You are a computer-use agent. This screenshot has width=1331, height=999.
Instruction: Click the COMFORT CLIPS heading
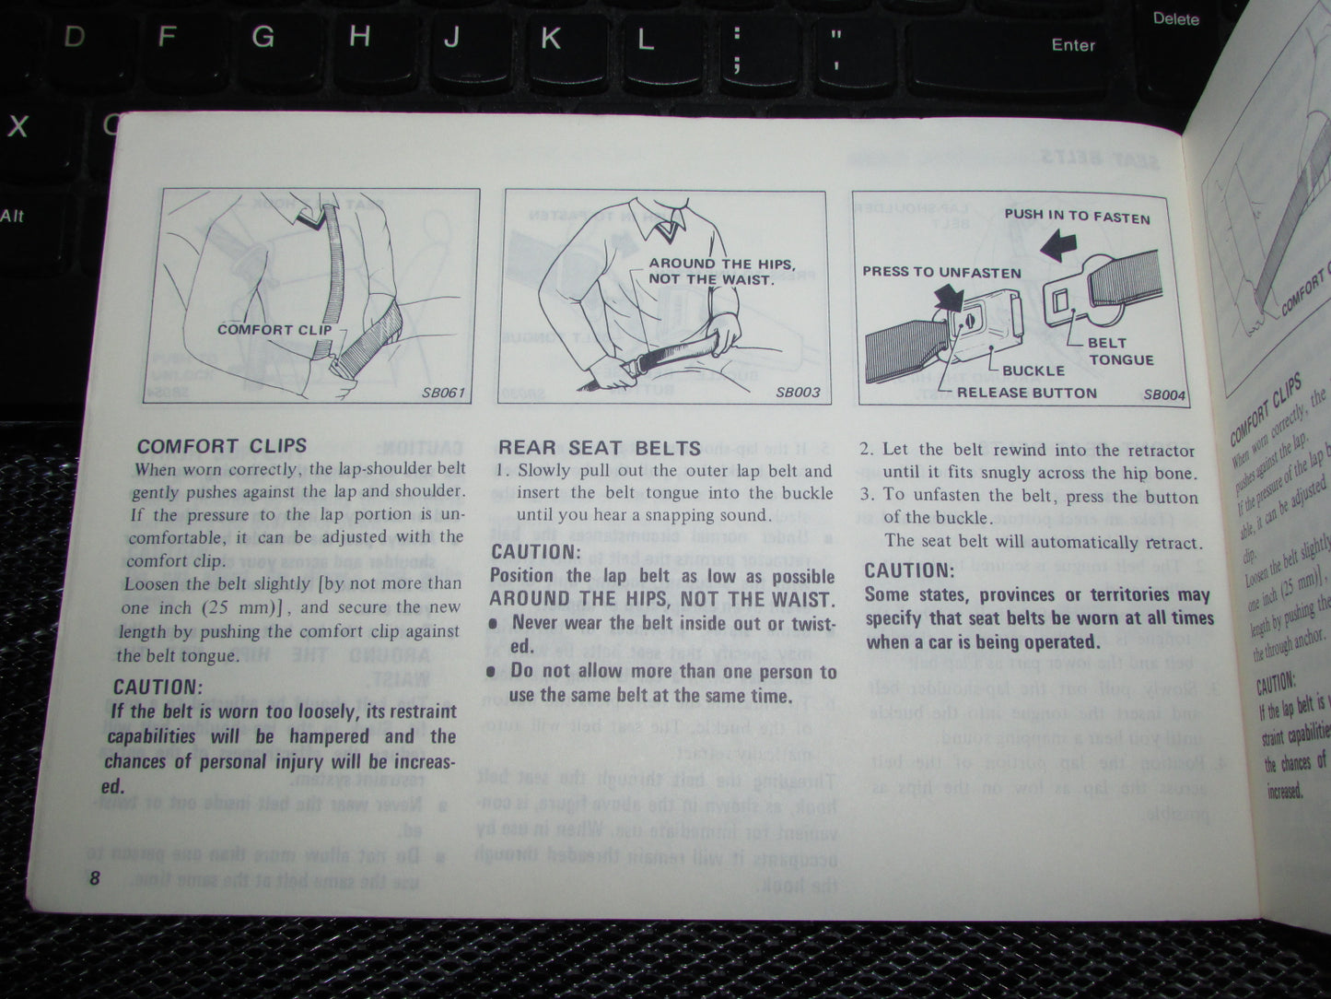click(x=221, y=446)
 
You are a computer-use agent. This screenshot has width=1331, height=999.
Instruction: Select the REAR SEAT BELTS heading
click(x=599, y=448)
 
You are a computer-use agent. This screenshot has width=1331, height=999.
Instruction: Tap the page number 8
click(x=94, y=878)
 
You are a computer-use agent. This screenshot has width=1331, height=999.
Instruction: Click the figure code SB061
click(x=443, y=393)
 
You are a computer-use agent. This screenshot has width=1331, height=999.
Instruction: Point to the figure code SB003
click(x=797, y=392)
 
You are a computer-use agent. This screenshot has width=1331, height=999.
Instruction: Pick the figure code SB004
click(x=1164, y=394)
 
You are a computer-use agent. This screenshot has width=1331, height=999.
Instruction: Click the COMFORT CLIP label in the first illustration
click(x=268, y=329)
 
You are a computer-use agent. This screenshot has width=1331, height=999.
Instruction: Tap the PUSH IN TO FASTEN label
click(x=1077, y=217)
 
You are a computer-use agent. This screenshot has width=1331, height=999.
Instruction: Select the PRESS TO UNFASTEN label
click(x=941, y=272)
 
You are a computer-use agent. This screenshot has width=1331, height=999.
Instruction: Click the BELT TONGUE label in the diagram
click(x=1120, y=351)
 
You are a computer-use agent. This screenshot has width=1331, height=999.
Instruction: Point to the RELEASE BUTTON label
click(x=1027, y=393)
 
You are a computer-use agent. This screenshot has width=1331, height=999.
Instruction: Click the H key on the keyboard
click(x=359, y=37)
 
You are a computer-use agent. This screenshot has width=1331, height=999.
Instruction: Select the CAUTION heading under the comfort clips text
click(x=157, y=687)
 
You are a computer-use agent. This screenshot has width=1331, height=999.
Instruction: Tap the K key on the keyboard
click(x=550, y=38)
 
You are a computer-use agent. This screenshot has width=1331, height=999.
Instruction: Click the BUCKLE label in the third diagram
click(x=1033, y=370)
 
